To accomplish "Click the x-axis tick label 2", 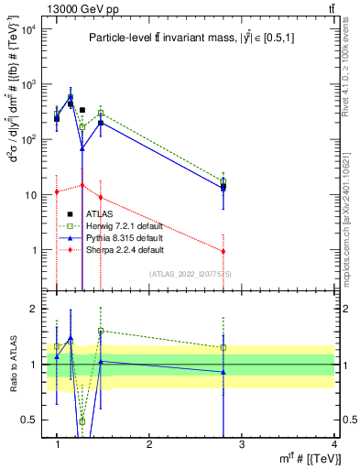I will coord(149,444).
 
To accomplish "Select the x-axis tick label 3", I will coord(242,444).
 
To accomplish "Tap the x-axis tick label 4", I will coord(333,444).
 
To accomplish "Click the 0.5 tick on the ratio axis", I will coord(36,420).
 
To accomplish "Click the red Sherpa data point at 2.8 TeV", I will coord(224,251).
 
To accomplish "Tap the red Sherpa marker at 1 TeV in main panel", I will coord(57,191).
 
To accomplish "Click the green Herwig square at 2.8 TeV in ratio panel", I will coord(224,347).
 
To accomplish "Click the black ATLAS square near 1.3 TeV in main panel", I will coord(82,110).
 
